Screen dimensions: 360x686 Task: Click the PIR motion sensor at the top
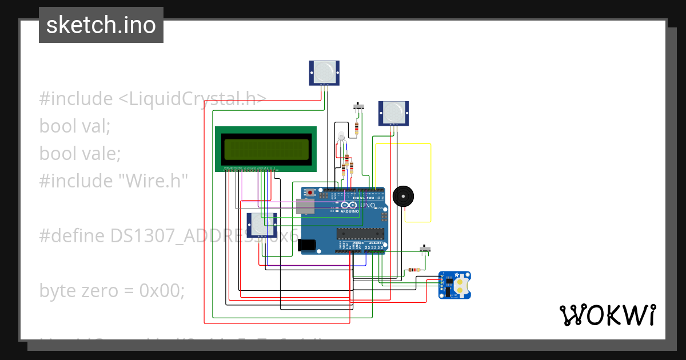(x=324, y=73)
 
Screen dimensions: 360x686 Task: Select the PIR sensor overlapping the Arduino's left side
(x=262, y=225)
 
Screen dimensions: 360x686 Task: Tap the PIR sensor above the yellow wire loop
(x=393, y=113)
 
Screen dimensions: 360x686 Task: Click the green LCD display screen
(x=265, y=149)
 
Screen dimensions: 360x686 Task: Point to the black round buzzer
(x=404, y=197)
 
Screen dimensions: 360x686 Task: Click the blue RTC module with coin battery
(x=455, y=285)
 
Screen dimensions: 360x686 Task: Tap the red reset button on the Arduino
(x=310, y=193)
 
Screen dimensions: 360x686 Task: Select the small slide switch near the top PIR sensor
(x=359, y=106)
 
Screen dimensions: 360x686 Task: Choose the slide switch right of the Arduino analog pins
(x=425, y=249)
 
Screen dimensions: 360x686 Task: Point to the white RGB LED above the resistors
(x=341, y=137)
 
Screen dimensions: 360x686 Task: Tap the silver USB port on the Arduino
(x=306, y=206)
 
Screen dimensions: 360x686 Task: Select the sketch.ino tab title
(x=101, y=25)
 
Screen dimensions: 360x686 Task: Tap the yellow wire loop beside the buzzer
(x=430, y=183)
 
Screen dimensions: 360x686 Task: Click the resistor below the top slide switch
(x=357, y=128)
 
